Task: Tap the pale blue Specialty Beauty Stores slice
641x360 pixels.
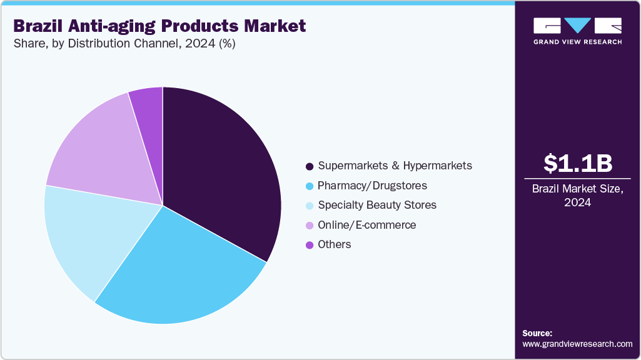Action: pyautogui.click(x=88, y=237)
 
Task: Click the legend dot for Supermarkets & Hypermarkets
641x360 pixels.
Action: pyautogui.click(x=309, y=166)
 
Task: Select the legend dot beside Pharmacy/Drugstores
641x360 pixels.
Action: pyautogui.click(x=309, y=186)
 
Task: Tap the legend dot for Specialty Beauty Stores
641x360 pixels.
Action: pyautogui.click(x=309, y=206)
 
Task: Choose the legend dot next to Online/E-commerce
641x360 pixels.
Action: pyautogui.click(x=309, y=225)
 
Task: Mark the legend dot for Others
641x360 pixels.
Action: pyautogui.click(x=309, y=245)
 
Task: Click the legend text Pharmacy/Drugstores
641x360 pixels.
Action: pyautogui.click(x=372, y=186)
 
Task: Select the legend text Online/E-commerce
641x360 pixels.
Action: pyautogui.click(x=366, y=225)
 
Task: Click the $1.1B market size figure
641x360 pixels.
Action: pyautogui.click(x=577, y=163)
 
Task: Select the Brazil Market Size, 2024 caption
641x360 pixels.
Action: pyautogui.click(x=577, y=196)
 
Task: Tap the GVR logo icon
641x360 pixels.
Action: pyautogui.click(x=577, y=26)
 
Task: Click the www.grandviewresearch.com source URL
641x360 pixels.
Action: pyautogui.click(x=577, y=344)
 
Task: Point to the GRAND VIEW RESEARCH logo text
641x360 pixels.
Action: pyautogui.click(x=577, y=42)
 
